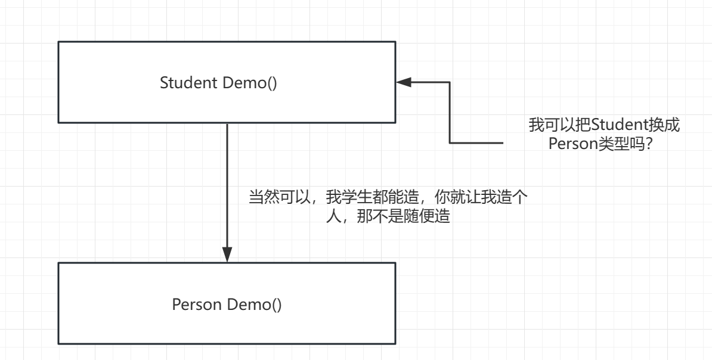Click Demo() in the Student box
click(250, 83)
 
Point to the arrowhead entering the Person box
click(227, 256)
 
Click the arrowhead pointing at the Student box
click(404, 82)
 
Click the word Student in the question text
click(614, 126)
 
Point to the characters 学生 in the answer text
click(353, 197)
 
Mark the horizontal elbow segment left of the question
click(477, 143)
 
